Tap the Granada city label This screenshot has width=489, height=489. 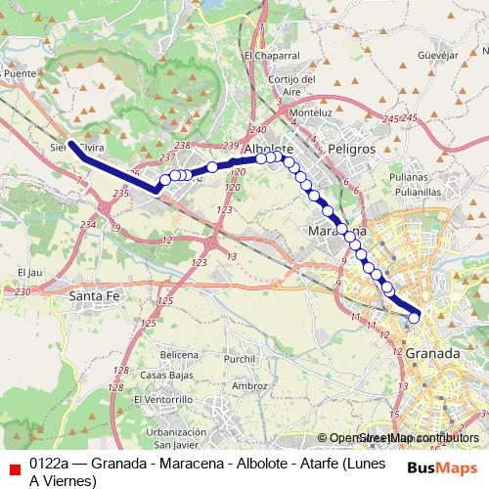pyautogui.click(x=431, y=350)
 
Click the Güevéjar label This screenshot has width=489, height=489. pyautogui.click(x=438, y=55)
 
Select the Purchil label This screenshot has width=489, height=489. pyautogui.click(x=240, y=359)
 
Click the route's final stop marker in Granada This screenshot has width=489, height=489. pyautogui.click(x=414, y=317)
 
